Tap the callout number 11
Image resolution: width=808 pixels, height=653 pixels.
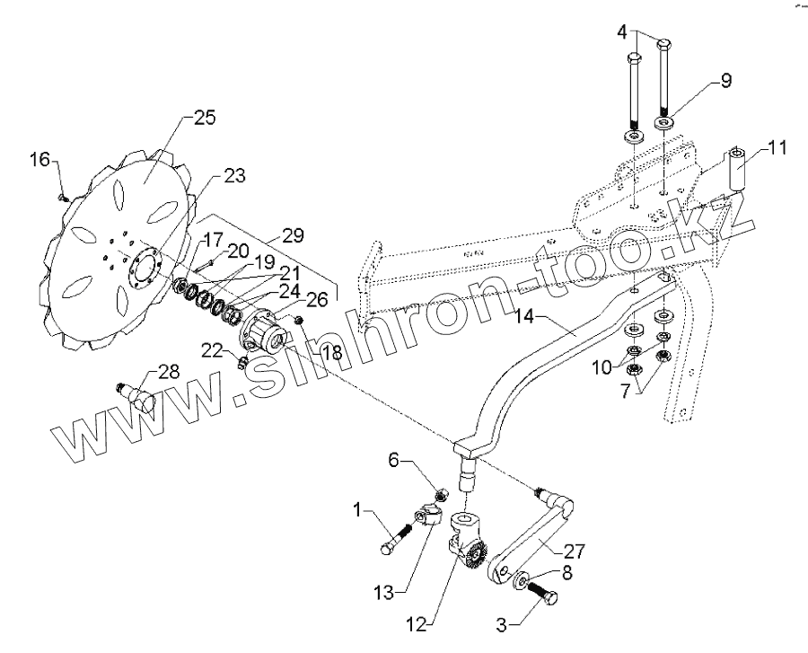(x=777, y=147)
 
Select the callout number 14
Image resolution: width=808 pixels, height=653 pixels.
(x=528, y=316)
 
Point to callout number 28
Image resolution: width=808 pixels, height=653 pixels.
(x=169, y=371)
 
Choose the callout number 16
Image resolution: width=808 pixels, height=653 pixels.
(x=41, y=161)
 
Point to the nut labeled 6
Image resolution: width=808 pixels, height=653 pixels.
(x=441, y=494)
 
